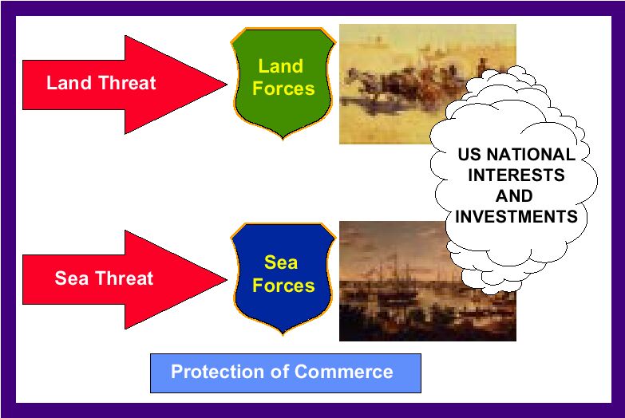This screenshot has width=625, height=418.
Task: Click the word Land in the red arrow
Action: pyautogui.click(x=69, y=83)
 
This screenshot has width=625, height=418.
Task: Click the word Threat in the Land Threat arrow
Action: pyautogui.click(x=127, y=83)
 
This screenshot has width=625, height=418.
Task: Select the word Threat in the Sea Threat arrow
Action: pyautogui.click(x=124, y=278)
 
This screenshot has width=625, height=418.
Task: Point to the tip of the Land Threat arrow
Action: pyautogui.click(x=227, y=85)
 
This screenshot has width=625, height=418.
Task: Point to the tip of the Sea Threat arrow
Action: pyautogui.click(x=227, y=280)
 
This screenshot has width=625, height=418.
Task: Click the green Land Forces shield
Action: pyautogui.click(x=283, y=83)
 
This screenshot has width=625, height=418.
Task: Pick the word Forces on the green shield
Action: pyautogui.click(x=283, y=89)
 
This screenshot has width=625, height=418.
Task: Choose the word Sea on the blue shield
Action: pyautogui.click(x=281, y=262)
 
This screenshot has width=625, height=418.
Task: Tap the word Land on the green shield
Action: pyautogui.click(x=281, y=66)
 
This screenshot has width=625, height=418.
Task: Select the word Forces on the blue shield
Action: pyautogui.click(x=283, y=286)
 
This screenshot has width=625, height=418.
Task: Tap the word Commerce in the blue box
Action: pyautogui.click(x=343, y=372)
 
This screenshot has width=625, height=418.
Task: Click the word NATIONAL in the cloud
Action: pyautogui.click(x=531, y=155)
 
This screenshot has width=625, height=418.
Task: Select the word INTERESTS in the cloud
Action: pyautogui.click(x=516, y=175)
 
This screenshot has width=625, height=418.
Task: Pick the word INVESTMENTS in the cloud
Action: pyautogui.click(x=516, y=217)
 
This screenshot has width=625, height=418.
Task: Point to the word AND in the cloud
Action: pyautogui.click(x=514, y=196)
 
